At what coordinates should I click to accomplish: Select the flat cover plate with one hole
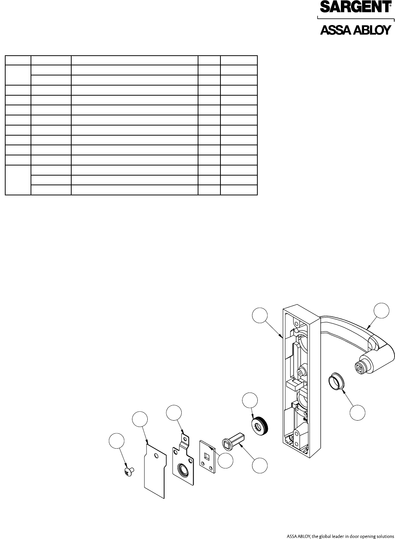click(154, 470)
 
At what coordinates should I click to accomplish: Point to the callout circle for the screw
click(116, 441)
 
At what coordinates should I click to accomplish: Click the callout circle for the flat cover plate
click(140, 419)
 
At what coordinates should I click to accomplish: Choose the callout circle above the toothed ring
click(250, 400)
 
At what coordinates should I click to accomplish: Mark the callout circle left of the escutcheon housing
click(260, 315)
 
